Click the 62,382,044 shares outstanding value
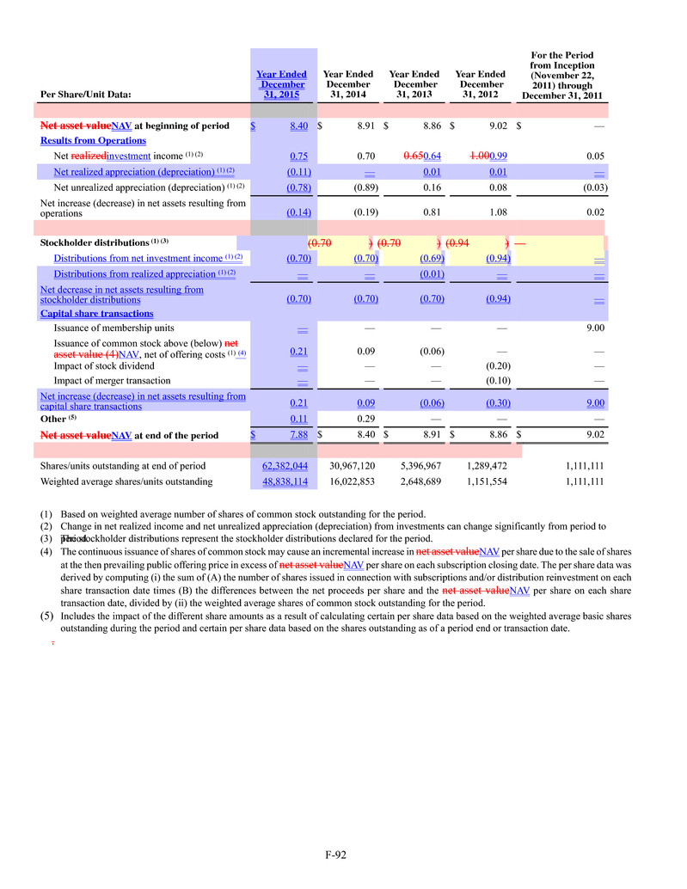point(285,466)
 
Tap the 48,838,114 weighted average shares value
point(285,481)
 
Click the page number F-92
point(335,855)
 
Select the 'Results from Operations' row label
point(93,140)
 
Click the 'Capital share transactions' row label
point(96,314)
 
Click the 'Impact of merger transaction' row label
point(112,380)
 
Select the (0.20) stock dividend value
point(497,365)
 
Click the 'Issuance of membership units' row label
point(113,328)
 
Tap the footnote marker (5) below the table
point(47,616)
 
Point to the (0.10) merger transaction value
point(497,380)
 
